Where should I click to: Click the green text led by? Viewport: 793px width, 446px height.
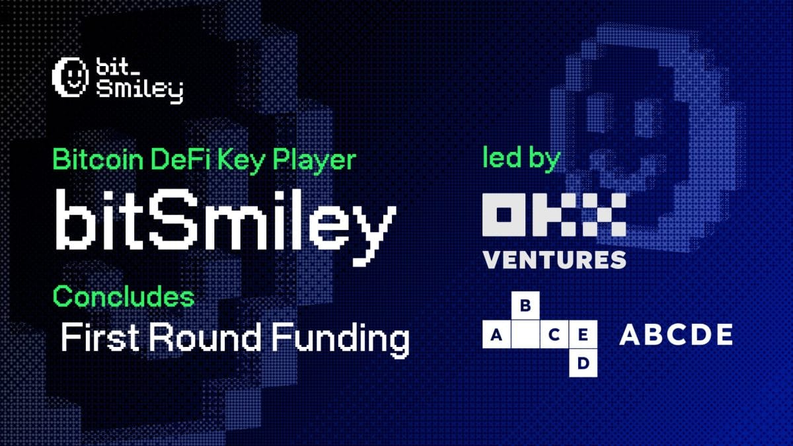click(522, 160)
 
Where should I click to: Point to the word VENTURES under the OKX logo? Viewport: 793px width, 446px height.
click(554, 260)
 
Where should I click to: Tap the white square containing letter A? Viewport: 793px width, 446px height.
click(496, 335)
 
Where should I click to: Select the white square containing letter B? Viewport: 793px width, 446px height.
click(526, 305)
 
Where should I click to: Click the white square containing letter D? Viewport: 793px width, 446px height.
click(583, 363)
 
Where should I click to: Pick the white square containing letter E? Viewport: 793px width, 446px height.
click(583, 335)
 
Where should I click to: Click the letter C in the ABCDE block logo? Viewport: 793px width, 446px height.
click(554, 335)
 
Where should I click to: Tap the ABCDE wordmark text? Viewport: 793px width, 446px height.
click(675, 336)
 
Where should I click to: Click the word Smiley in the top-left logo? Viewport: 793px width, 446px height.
click(139, 91)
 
